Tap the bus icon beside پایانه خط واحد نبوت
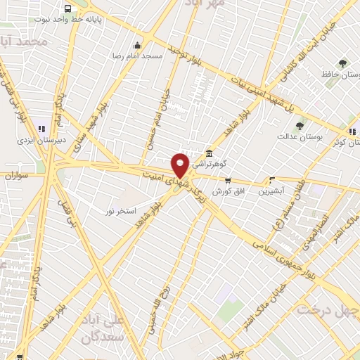[x=67, y=9]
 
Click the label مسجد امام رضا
[x=138, y=54]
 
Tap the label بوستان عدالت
[x=319, y=137]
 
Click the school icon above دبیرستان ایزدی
[x=41, y=129]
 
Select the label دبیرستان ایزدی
[x=42, y=139]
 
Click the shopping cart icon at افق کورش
[x=227, y=181]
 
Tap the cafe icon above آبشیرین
[x=271, y=180]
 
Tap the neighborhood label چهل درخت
[x=328, y=309]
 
